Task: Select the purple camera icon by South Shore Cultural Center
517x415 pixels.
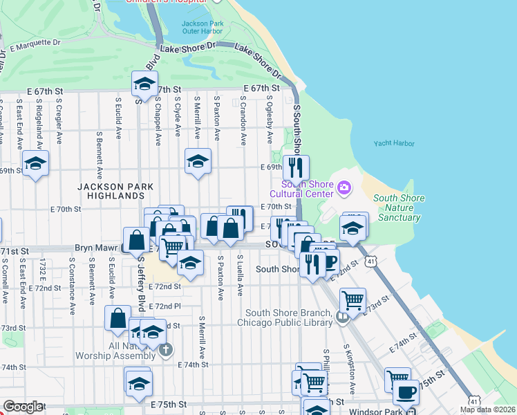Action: coord(344,187)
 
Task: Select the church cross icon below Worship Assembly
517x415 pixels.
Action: coord(164,350)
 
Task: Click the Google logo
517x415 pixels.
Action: coord(22,407)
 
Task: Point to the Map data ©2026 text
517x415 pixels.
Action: coord(488,409)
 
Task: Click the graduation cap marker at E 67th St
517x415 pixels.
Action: coord(144,84)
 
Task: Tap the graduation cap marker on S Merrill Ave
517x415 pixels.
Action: coord(198,162)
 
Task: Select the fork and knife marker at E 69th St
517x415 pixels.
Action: coord(296,167)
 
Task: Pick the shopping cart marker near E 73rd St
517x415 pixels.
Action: coord(352,300)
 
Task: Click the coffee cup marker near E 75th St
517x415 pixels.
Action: coord(406,392)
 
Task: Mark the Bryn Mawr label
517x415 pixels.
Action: coord(95,248)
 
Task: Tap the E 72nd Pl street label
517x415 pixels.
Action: coord(167,306)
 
